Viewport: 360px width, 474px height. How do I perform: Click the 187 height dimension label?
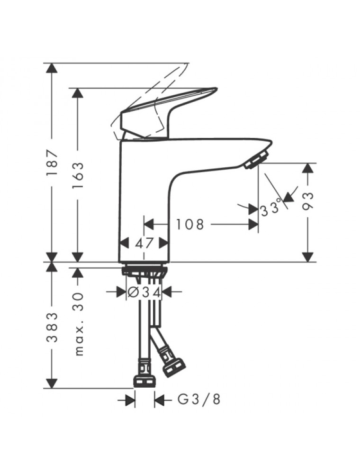pos(52,163)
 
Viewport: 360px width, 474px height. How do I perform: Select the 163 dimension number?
pos(78,176)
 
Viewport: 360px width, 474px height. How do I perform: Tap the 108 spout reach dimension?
pos(190,224)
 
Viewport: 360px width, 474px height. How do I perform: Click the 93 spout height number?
pos(308,200)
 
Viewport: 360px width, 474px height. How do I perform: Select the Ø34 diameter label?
pos(144,292)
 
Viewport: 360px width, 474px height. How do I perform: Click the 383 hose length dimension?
pos(52,328)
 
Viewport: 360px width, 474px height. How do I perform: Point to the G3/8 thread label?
pos(198,400)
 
